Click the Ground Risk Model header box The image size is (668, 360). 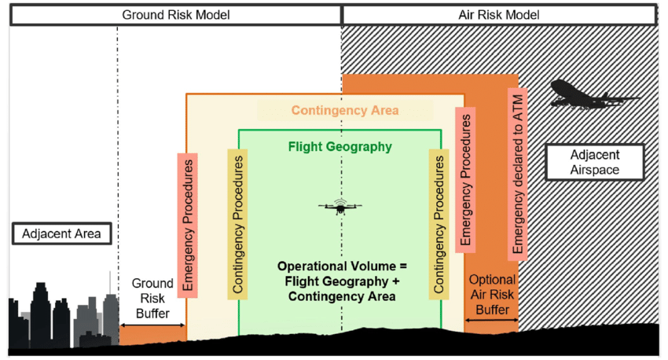pyautogui.click(x=174, y=14)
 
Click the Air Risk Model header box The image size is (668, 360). pyautogui.click(x=499, y=14)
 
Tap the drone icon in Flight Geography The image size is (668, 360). pyautogui.click(x=340, y=207)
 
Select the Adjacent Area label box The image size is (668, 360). pyautogui.click(x=62, y=233)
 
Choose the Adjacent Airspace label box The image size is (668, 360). pyautogui.click(x=594, y=162)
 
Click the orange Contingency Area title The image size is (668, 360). pyautogui.click(x=344, y=110)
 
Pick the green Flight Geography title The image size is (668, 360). pyautogui.click(x=340, y=147)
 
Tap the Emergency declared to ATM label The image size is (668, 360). pyautogui.click(x=518, y=172)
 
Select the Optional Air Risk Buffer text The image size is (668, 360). pyautogui.click(x=491, y=295)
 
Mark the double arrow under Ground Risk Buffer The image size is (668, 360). pyautogui.click(x=152, y=325)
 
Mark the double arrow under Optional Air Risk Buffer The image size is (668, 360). pyautogui.click(x=491, y=318)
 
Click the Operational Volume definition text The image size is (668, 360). pyautogui.click(x=340, y=281)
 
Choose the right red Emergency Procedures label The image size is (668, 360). pyautogui.click(x=465, y=182)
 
